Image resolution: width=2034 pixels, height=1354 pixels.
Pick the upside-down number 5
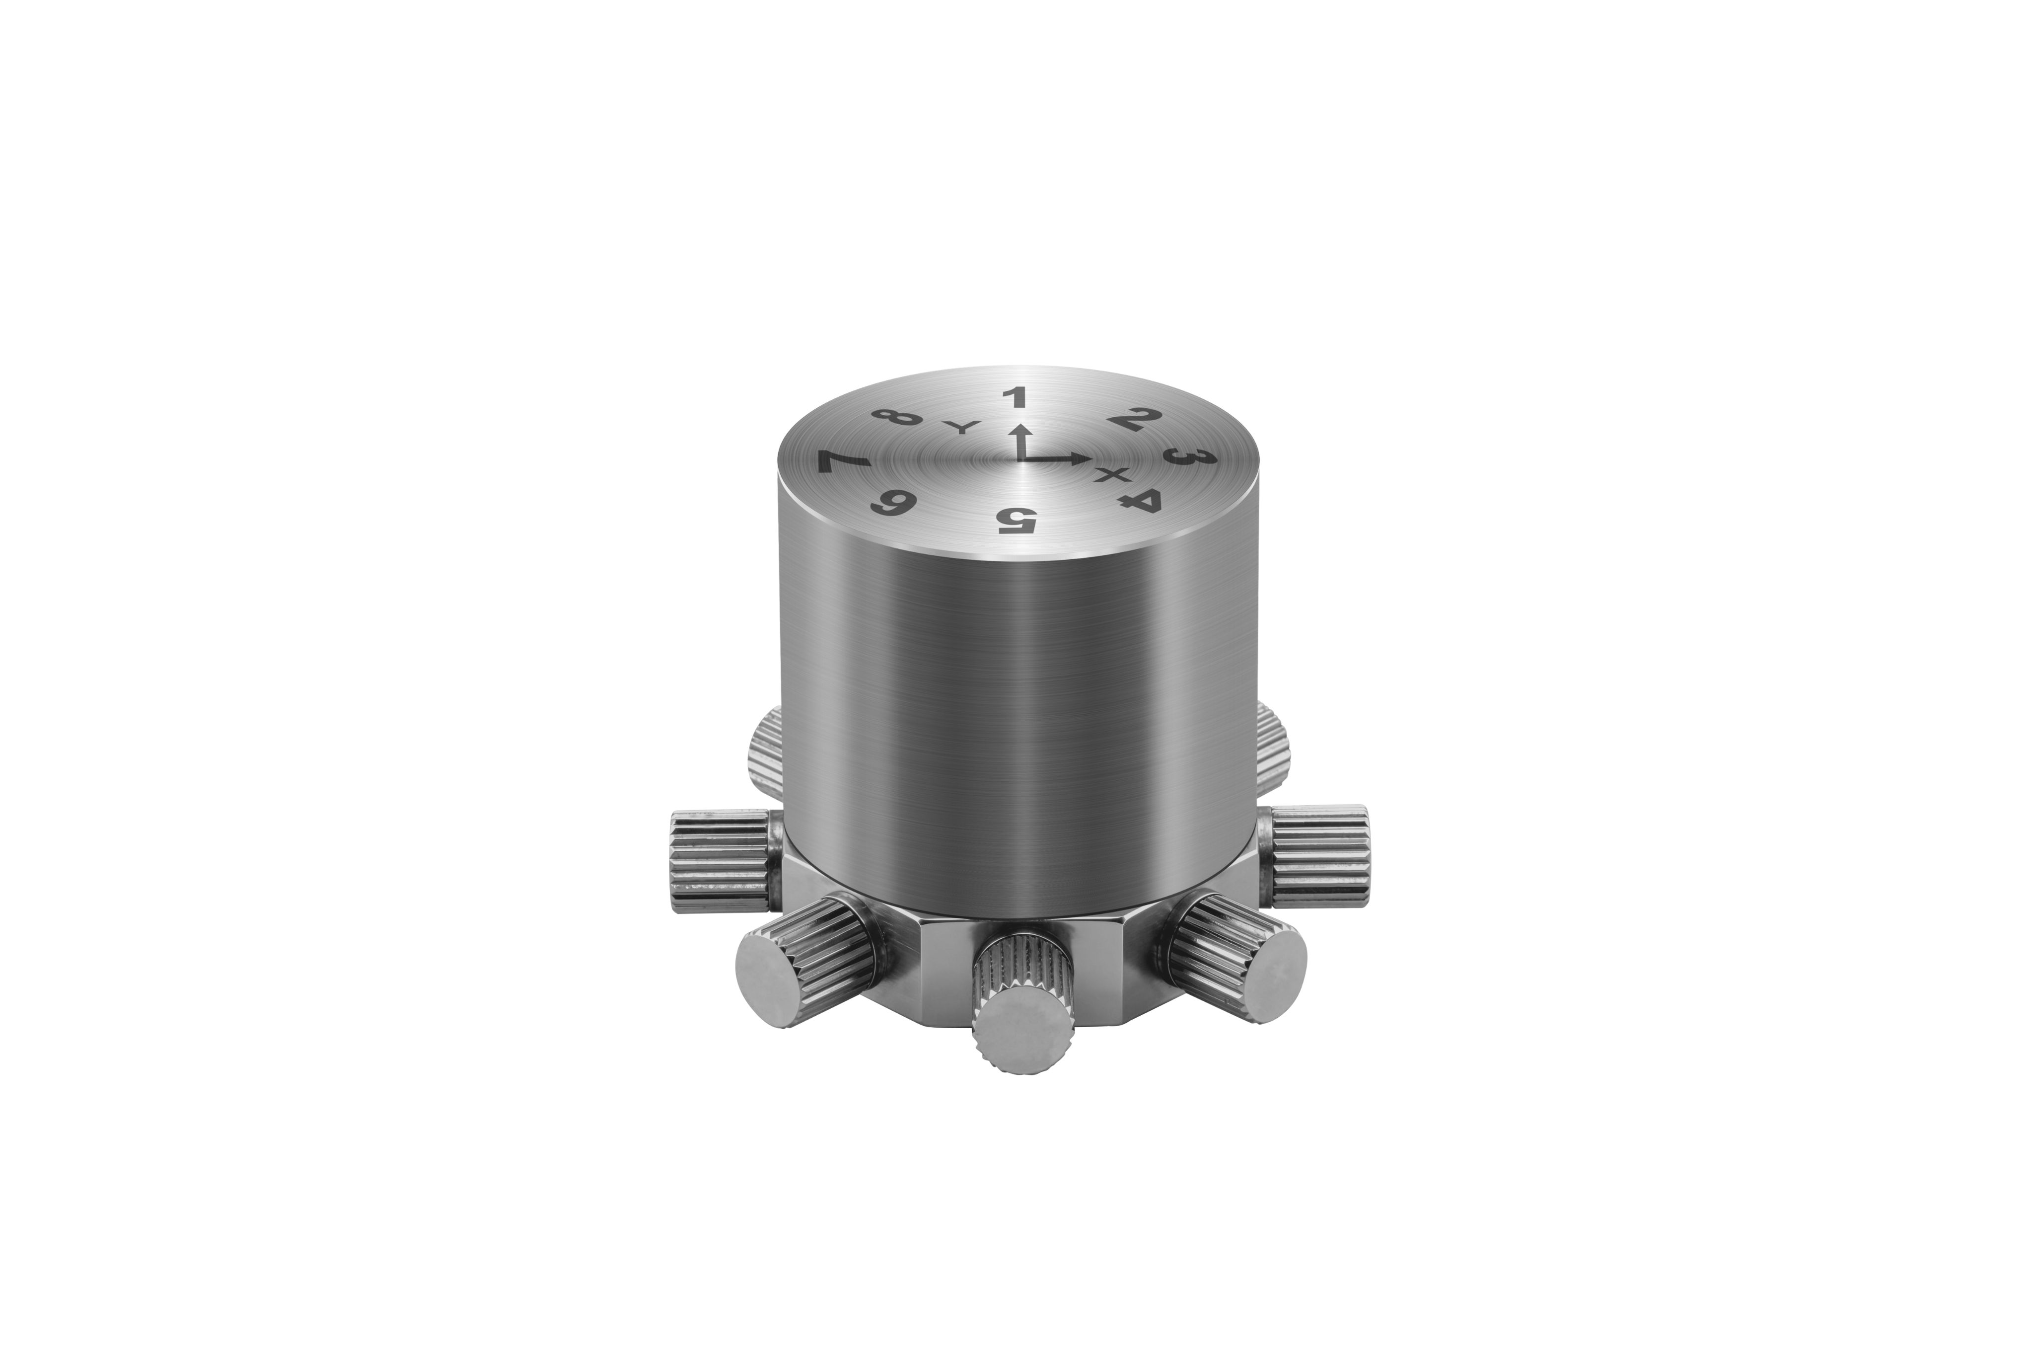[1016, 520]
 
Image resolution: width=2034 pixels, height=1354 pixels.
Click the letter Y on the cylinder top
[960, 428]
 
